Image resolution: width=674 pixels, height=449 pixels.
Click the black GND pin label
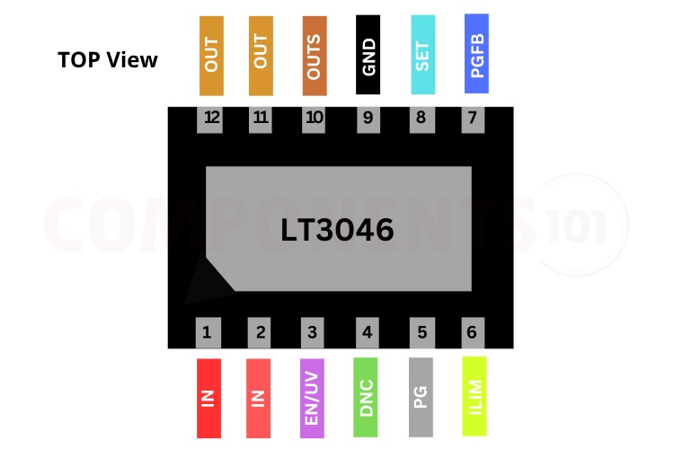tap(368, 55)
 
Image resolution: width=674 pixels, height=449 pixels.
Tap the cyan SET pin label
tap(422, 55)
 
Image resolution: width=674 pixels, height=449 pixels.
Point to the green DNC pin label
tap(366, 396)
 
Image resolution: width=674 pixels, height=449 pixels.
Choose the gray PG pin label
tap(421, 396)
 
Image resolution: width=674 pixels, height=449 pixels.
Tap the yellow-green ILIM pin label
tap(474, 396)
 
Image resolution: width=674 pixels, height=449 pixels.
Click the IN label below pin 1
tap(208, 398)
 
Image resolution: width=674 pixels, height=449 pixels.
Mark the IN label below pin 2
tap(259, 398)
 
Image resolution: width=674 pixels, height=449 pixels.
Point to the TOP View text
tap(108, 60)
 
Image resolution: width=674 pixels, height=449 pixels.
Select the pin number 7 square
tap(474, 118)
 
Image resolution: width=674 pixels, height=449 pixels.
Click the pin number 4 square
tap(366, 332)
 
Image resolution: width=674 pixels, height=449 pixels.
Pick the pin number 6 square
tap(472, 332)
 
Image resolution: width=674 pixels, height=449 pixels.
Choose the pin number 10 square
tap(314, 118)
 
